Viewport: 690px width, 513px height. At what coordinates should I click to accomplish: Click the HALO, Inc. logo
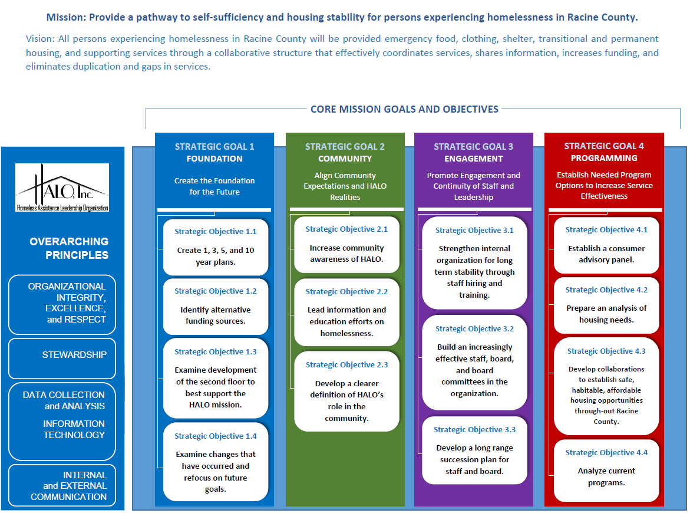click(62, 187)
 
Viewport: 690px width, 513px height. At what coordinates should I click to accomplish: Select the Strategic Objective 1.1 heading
click(215, 232)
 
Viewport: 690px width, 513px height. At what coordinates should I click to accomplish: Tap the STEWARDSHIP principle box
click(62, 359)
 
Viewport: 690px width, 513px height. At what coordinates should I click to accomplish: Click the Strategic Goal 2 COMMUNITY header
click(345, 152)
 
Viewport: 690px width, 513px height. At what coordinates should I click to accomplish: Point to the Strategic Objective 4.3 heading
click(606, 351)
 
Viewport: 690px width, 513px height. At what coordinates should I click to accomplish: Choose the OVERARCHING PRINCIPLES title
click(69, 248)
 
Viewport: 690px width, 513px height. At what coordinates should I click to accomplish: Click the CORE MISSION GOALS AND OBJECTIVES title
click(404, 109)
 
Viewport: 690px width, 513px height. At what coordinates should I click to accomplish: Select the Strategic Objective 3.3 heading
click(474, 430)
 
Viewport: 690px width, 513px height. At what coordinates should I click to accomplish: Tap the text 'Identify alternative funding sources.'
click(215, 315)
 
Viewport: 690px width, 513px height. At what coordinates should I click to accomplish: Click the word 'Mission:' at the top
click(67, 18)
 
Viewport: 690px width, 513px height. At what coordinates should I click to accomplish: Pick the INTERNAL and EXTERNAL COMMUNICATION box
click(62, 485)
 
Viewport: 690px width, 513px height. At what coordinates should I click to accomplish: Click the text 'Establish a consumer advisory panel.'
click(606, 254)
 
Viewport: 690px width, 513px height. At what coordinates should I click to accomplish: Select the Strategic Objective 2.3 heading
click(346, 365)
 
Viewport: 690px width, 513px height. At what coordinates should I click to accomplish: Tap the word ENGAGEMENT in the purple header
click(474, 159)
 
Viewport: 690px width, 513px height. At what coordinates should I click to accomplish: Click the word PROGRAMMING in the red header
click(604, 158)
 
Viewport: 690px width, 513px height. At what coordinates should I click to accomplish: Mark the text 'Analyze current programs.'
click(606, 477)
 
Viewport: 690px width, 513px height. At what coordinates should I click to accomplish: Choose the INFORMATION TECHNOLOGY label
click(74, 429)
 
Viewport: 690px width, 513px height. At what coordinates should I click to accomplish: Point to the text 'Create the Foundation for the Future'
click(214, 186)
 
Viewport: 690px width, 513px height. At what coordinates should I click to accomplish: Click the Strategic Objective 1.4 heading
click(215, 436)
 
